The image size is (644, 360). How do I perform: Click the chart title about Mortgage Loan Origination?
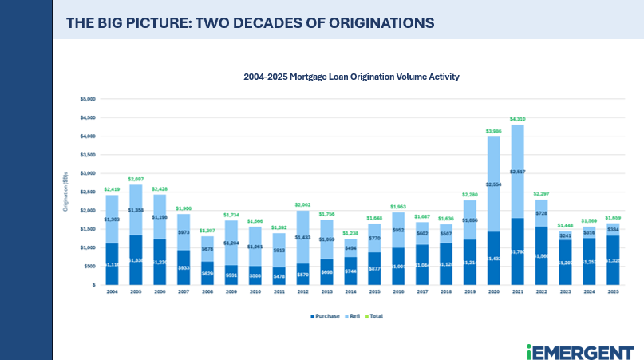pos(351,77)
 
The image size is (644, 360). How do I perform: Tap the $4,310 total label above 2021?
pos(517,119)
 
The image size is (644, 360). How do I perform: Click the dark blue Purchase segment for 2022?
pos(542,255)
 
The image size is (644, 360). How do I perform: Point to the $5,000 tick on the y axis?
pos(87,99)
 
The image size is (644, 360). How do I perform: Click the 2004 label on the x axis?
pos(112,292)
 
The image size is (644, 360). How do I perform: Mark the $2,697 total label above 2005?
pos(136,179)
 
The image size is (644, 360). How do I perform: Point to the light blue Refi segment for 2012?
pos(302,237)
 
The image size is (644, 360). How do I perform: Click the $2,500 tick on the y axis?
pos(87,192)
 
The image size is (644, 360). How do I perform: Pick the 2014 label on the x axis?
pos(351,292)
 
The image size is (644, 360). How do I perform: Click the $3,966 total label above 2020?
pos(493,131)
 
